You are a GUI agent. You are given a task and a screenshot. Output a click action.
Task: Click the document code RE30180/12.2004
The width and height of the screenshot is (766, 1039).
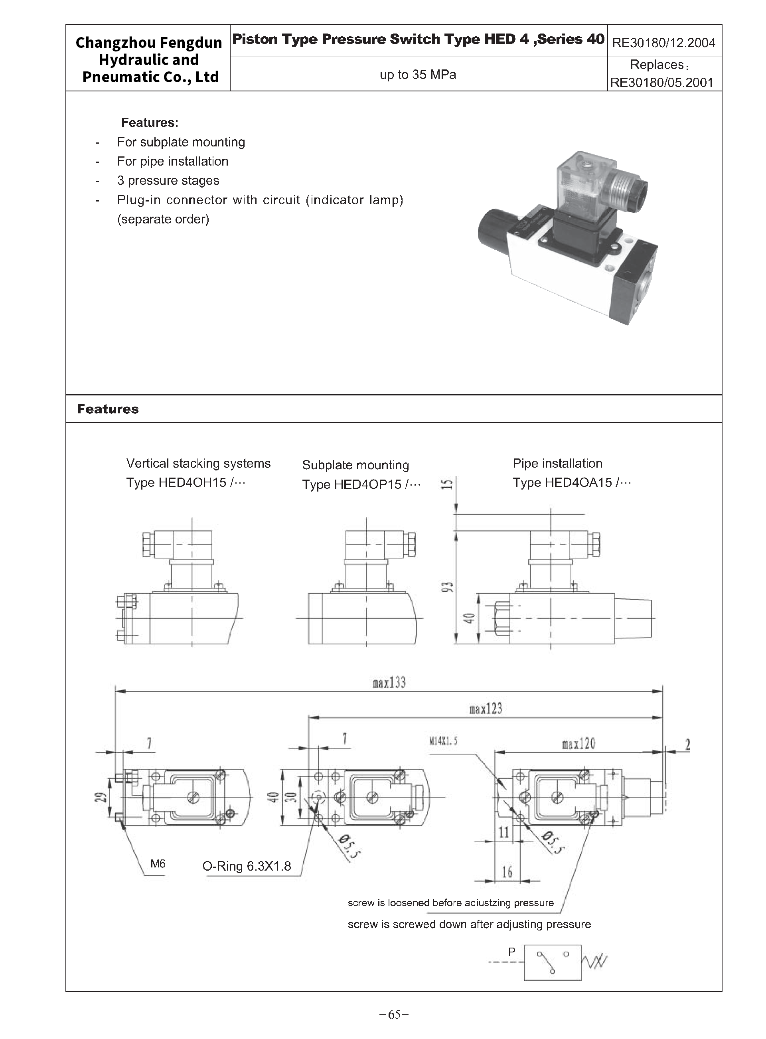click(x=663, y=43)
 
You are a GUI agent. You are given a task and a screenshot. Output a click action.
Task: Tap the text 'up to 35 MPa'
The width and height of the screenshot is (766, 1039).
click(x=418, y=75)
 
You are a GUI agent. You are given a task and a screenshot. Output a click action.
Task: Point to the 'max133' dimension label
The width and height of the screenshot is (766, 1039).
click(x=389, y=682)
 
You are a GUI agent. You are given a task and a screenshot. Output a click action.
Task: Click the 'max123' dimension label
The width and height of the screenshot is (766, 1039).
click(x=486, y=709)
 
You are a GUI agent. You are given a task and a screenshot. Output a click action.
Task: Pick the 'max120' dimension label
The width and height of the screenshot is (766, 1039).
click(x=578, y=744)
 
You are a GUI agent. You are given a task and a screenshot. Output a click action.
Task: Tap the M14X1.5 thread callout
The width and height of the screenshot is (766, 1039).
click(x=443, y=741)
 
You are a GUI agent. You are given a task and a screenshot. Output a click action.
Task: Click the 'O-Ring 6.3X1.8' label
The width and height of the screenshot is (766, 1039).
click(x=247, y=866)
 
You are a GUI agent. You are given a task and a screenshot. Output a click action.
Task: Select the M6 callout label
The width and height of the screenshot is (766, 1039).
click(x=158, y=864)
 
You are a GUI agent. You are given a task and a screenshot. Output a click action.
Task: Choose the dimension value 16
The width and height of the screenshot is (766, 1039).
click(x=507, y=873)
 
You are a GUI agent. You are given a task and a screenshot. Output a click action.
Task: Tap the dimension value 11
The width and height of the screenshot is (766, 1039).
click(x=504, y=833)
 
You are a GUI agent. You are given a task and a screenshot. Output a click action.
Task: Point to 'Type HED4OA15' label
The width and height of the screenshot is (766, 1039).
click(x=572, y=483)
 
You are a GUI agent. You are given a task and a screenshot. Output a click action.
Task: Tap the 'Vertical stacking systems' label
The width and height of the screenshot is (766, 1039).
click(x=198, y=463)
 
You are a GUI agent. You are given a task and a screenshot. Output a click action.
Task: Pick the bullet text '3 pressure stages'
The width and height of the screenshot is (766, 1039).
click(x=168, y=180)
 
